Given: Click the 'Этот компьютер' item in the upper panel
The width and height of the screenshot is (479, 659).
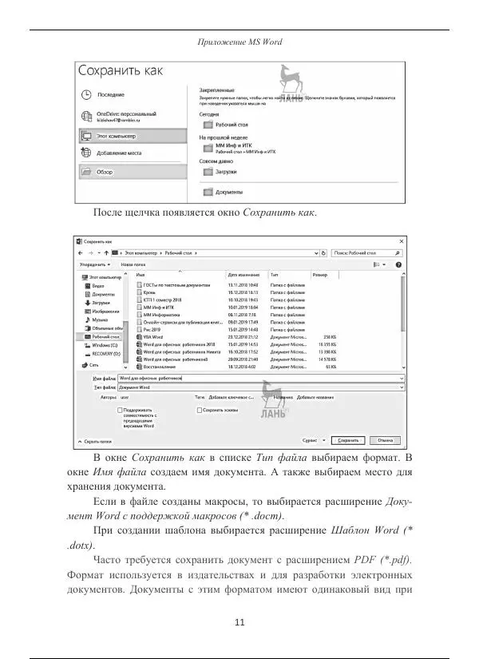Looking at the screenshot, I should (x=115, y=137).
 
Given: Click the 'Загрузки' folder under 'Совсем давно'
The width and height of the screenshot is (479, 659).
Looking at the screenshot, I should (x=227, y=171).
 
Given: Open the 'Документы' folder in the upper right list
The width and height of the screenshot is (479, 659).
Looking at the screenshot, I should (x=228, y=192).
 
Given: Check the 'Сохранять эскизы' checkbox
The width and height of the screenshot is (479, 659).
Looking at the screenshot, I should (x=200, y=410).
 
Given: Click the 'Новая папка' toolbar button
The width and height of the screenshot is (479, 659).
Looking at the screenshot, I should (x=133, y=264).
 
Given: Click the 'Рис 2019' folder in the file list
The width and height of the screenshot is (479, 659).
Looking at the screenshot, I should (x=152, y=329).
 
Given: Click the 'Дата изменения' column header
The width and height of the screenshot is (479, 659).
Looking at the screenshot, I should (x=243, y=274).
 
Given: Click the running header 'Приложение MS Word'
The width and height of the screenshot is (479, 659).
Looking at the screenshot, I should (x=239, y=42).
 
